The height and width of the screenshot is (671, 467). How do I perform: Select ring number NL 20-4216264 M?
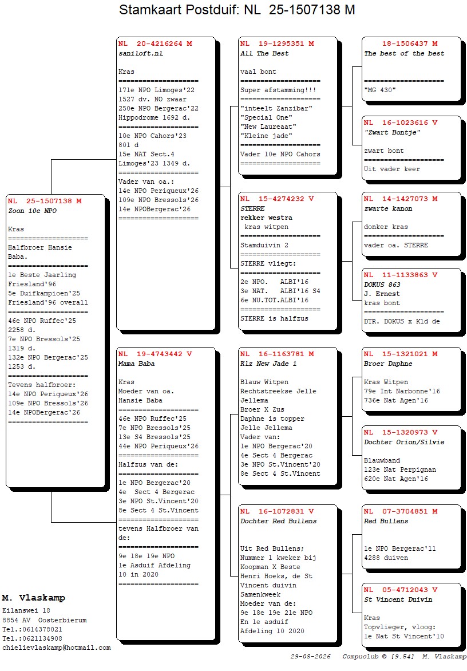(155, 44)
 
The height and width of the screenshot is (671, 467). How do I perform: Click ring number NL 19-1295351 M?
(277, 44)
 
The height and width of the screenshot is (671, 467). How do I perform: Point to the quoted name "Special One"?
(267, 117)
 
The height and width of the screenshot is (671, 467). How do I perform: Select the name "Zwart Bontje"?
(392, 132)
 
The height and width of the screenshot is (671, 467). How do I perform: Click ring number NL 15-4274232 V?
(277, 199)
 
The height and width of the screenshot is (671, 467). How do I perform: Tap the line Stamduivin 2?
(264, 245)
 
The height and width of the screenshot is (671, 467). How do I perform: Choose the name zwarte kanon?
(389, 209)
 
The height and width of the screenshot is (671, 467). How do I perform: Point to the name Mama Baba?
(136, 364)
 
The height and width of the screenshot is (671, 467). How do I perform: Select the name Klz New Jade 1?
(268, 364)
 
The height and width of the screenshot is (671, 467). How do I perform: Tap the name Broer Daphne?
(389, 364)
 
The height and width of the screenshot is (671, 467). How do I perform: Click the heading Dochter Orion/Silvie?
(404, 442)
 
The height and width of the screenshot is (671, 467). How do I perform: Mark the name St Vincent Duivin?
(398, 599)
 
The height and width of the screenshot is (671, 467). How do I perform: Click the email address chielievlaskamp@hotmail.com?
(57, 648)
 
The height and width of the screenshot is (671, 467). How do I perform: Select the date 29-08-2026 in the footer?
(311, 657)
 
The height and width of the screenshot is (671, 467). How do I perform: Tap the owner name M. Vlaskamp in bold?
(33, 598)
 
